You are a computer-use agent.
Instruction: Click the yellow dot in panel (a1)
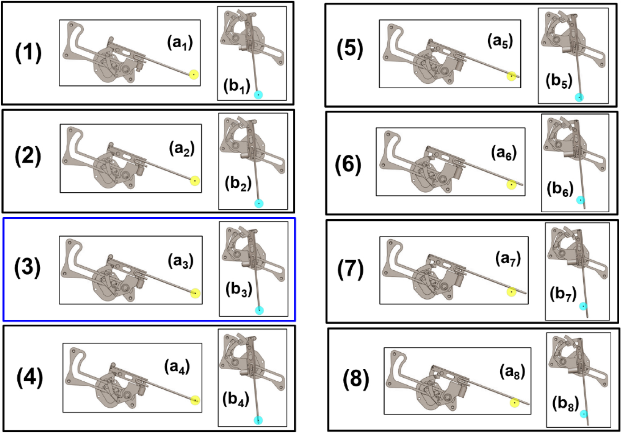(x=194, y=74)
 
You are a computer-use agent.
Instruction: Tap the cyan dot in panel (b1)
(x=259, y=95)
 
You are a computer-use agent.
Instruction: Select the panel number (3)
(x=28, y=267)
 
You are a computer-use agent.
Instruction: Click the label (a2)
(x=182, y=149)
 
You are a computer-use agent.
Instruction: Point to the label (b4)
(x=236, y=399)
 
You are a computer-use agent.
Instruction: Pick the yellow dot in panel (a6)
(x=511, y=185)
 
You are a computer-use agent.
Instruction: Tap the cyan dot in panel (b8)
(x=584, y=414)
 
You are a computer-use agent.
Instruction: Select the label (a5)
(x=500, y=41)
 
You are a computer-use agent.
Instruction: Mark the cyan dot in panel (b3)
(x=259, y=310)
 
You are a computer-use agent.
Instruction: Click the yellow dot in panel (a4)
(x=195, y=400)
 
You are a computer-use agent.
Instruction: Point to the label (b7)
(x=563, y=294)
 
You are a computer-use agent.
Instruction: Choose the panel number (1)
(x=28, y=53)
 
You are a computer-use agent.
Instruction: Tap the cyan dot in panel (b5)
(x=579, y=97)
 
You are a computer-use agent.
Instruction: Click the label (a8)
(x=512, y=372)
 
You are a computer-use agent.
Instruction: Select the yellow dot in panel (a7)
(x=511, y=292)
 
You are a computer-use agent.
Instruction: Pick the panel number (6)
(x=348, y=165)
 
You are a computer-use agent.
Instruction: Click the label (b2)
(x=238, y=184)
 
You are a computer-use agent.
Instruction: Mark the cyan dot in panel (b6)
(x=580, y=200)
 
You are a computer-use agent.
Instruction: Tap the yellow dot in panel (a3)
(x=195, y=293)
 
